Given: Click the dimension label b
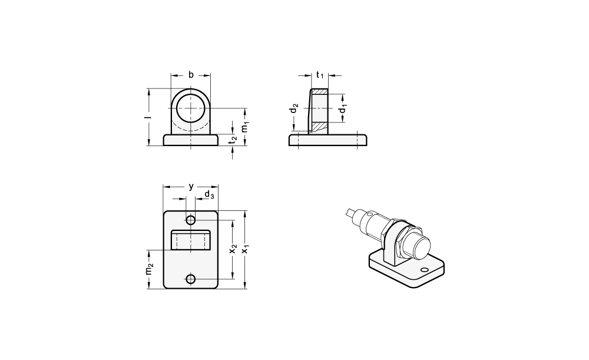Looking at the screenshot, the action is pyautogui.click(x=191, y=75).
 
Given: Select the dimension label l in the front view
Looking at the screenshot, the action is pyautogui.click(x=149, y=117).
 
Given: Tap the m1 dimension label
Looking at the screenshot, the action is pyautogui.click(x=245, y=127).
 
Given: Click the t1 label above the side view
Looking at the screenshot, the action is pyautogui.click(x=320, y=75).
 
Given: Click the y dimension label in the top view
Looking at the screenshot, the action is pyautogui.click(x=191, y=186).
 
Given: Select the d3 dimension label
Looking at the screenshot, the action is pyautogui.click(x=209, y=194).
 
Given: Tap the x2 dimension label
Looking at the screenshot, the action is pyautogui.click(x=233, y=249).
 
